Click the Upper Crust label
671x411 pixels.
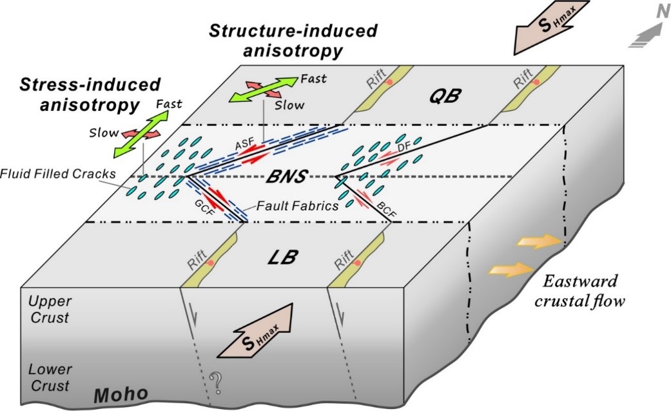click(x=50, y=310)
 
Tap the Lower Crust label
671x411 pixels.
click(x=49, y=378)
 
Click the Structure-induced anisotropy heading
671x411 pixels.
click(x=293, y=40)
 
